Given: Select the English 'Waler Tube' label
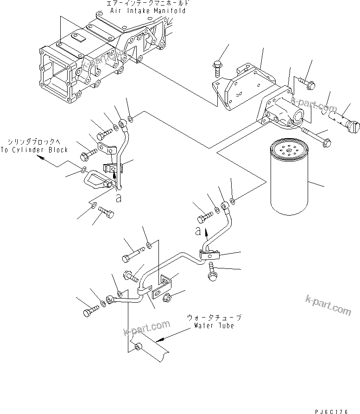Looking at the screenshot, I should [x=214, y=325].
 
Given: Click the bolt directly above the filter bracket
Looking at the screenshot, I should [x=217, y=67].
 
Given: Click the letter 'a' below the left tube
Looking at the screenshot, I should [x=119, y=198].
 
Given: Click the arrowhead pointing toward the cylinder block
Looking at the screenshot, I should [x=41, y=158].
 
